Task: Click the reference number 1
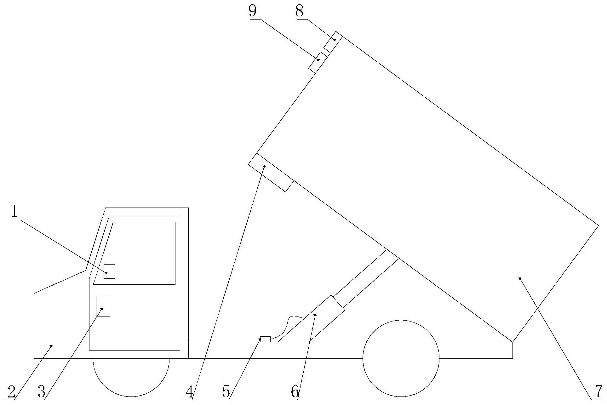(14, 211)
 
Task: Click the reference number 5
(226, 392)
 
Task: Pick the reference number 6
(295, 392)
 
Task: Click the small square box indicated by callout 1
(109, 271)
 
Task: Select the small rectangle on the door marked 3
(103, 306)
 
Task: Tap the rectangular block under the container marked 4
(271, 172)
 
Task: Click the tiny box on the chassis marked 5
(265, 339)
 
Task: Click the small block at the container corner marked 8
(333, 42)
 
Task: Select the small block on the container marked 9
(318, 62)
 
